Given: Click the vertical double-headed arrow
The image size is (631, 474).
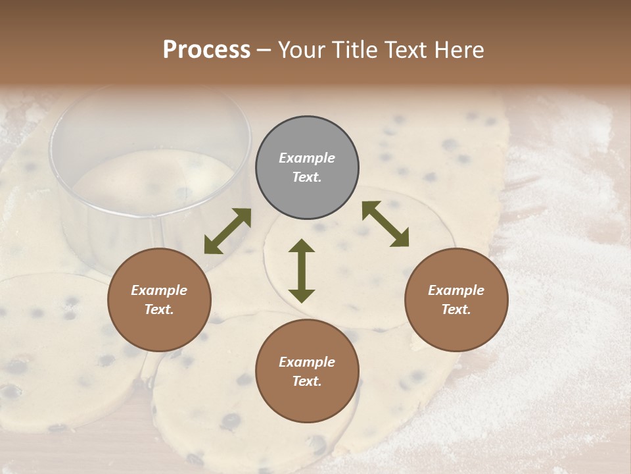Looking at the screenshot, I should [302, 271].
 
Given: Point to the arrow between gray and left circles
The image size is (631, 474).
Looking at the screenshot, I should [227, 231].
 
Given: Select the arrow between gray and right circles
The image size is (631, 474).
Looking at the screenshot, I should [385, 224].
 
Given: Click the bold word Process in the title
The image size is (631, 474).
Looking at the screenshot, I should [206, 50].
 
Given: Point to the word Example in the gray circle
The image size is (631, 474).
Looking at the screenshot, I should [307, 158].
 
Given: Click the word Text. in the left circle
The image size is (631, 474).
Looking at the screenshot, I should [159, 309].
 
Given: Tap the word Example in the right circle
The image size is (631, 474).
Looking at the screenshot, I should [456, 290].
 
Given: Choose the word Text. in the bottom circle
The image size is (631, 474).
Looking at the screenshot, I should [307, 381].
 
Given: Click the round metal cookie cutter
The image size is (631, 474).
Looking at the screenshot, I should [151, 171].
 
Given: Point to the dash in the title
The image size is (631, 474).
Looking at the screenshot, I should [264, 50].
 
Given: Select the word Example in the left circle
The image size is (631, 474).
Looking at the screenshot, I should [159, 290].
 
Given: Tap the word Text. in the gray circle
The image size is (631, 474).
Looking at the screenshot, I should [307, 177].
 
